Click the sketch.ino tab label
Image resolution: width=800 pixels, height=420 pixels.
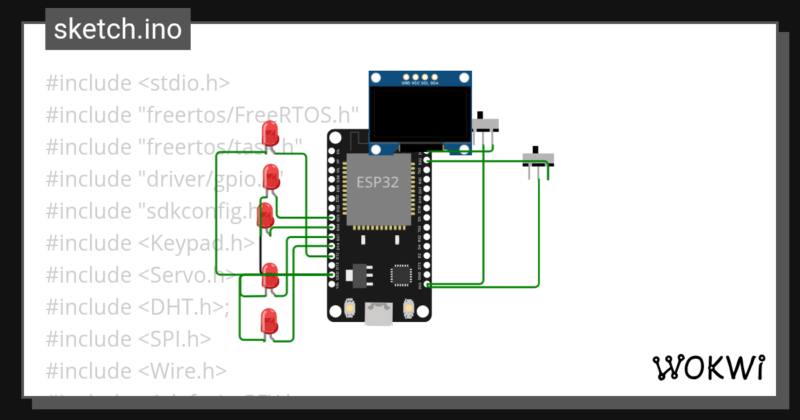117,30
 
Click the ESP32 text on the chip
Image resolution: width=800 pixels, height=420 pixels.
377,182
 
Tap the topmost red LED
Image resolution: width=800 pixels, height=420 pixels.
271,133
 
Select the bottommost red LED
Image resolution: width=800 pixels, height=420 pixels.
268,321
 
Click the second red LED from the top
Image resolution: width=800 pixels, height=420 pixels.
271,177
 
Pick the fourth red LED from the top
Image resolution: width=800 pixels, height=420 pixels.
269,275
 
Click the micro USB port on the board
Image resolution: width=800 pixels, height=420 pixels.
379,315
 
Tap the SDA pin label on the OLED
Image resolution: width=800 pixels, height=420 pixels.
435,83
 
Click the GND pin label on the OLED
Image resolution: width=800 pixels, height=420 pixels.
405,83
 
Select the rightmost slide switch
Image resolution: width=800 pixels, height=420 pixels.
537,160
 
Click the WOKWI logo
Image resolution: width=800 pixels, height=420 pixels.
707,367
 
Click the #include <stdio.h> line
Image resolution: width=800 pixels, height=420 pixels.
138,83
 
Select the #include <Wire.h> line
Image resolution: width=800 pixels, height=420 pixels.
136,371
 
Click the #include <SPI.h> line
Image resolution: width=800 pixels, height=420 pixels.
129,339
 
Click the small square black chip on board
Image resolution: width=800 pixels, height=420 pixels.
401,275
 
